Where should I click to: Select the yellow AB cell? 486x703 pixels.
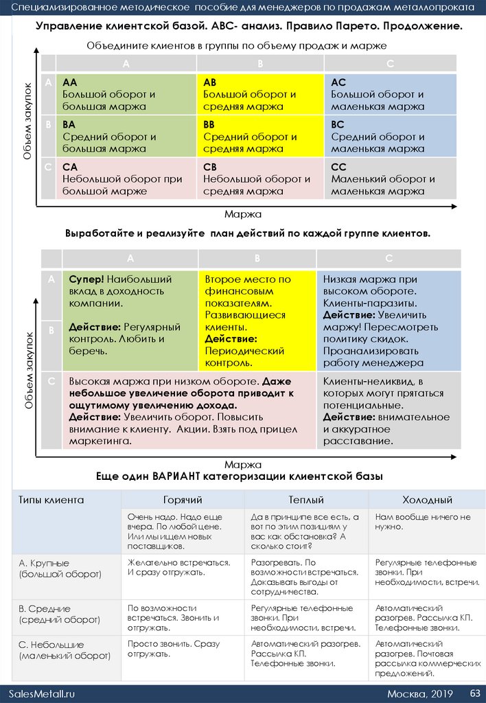click(259, 95)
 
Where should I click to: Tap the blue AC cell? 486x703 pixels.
click(389, 95)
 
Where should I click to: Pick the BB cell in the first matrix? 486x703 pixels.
click(259, 137)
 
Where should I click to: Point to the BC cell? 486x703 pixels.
click(389, 137)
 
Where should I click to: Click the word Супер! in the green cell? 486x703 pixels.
click(86, 279)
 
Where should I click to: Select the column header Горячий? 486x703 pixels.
click(183, 500)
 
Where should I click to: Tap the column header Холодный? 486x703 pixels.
click(427, 500)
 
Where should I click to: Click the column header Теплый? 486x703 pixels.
click(306, 500)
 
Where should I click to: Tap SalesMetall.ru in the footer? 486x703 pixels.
click(42, 693)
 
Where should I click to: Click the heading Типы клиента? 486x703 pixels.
click(51, 500)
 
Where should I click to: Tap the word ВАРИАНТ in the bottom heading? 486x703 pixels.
click(180, 476)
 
